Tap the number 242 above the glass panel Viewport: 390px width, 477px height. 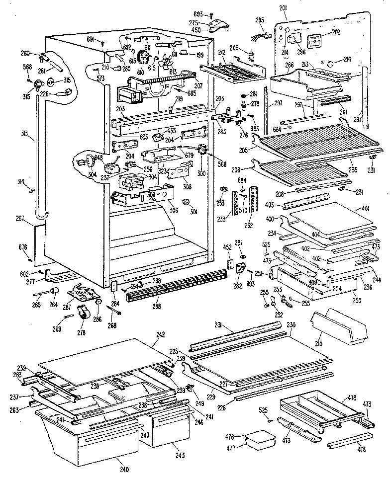[x=161, y=334]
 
